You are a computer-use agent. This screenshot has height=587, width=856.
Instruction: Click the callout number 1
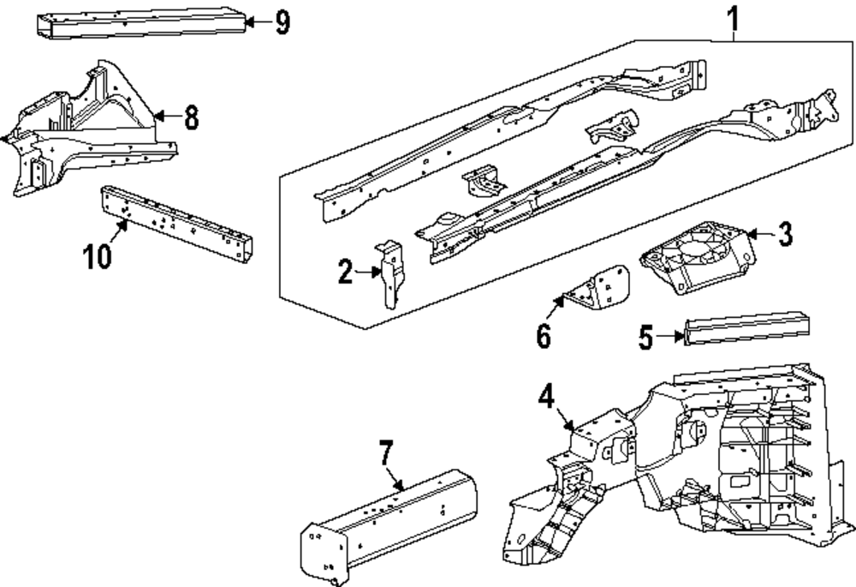coord(734,19)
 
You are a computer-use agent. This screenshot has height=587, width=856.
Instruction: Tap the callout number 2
coord(345,272)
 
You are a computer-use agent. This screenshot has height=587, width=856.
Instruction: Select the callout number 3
coord(784,234)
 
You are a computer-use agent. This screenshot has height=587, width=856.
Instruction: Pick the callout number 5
coord(645,337)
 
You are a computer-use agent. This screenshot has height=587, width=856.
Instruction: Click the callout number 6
coord(544,335)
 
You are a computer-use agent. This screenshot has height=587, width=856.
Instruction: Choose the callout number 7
coord(385,453)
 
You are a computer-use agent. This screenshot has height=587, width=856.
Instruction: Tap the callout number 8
coord(191,117)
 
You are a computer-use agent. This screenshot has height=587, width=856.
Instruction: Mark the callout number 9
coord(282,23)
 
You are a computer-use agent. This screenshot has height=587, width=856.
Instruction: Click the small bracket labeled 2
coord(392,274)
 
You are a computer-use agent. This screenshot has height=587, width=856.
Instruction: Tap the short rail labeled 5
coord(746,328)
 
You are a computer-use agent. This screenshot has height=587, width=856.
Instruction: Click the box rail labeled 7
coord(389,522)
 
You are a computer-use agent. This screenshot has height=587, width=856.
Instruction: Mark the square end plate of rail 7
coord(324,554)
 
